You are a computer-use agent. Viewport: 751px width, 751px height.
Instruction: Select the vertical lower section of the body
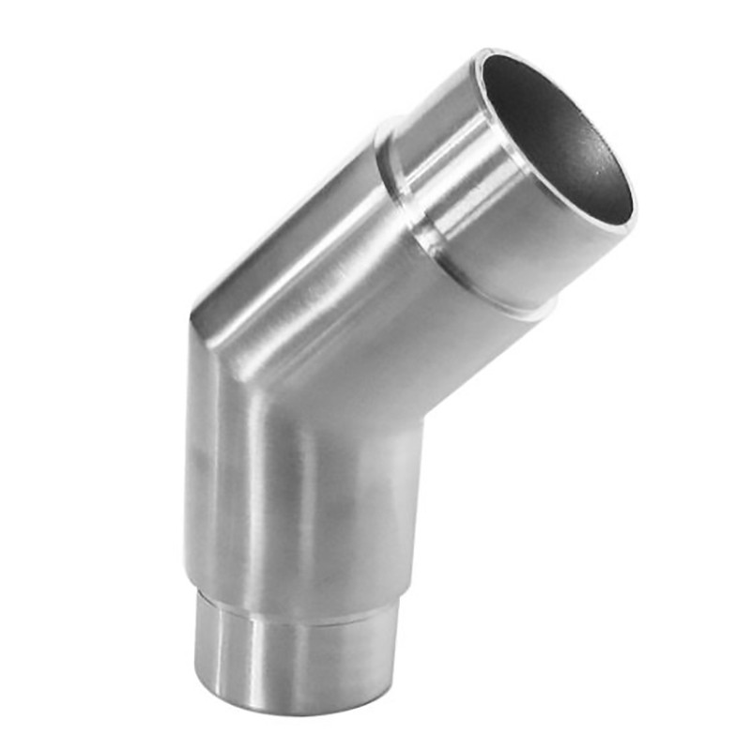[x=300, y=498]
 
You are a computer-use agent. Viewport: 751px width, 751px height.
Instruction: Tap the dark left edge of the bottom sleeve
[x=199, y=648]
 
